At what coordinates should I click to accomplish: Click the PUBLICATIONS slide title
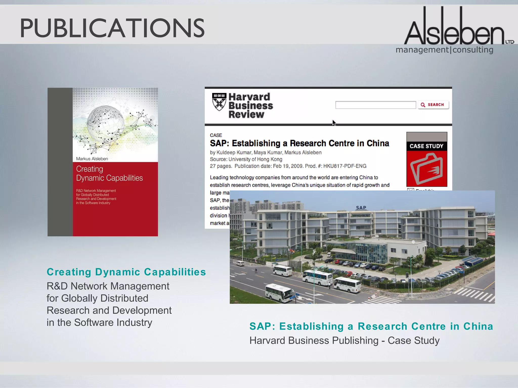coord(112,28)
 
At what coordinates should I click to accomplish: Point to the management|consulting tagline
coord(444,50)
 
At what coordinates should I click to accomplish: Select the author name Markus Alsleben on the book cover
coord(92,159)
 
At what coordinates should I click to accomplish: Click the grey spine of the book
coord(60,162)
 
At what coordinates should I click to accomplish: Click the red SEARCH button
coord(433,105)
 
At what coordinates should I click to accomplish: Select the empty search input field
coord(375,105)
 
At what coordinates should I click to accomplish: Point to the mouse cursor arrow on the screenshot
coord(334,123)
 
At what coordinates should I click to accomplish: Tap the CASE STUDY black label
coord(426,146)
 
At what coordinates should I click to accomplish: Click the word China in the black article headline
coord(378,143)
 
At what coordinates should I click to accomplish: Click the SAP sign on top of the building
coord(361,208)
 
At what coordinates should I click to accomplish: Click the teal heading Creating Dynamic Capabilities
coord(126,272)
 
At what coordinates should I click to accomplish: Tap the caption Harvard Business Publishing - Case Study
coord(344,341)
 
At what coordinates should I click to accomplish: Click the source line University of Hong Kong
coord(255,159)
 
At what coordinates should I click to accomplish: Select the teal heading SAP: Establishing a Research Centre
coord(371,326)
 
